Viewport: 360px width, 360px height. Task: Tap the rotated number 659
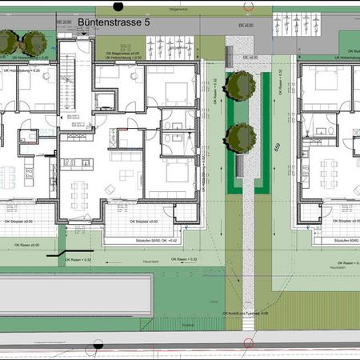coord(277,149)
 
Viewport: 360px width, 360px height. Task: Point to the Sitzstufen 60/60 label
coord(339,238)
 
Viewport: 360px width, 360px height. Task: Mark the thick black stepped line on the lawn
coord(61,254)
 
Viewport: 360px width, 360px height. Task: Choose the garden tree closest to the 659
coord(239,137)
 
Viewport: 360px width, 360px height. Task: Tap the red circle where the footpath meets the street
coord(248,344)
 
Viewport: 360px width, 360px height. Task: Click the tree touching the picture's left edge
coord(6,41)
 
